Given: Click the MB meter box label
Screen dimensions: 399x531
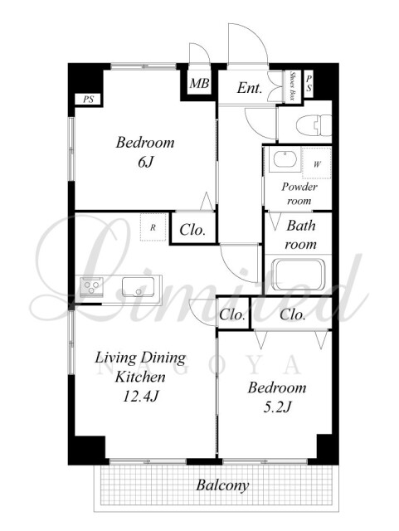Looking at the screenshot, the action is (199, 83).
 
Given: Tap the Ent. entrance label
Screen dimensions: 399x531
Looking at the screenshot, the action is (250, 88).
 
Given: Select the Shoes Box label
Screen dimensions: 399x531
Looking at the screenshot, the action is (291, 86).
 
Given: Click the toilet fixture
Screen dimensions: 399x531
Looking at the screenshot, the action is (314, 125).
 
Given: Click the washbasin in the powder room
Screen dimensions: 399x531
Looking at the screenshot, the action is (285, 159).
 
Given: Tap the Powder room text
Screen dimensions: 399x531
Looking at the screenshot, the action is (299, 193).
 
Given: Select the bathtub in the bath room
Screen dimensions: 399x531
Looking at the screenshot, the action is (299, 275).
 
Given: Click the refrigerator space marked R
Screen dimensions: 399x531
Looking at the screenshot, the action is (153, 227).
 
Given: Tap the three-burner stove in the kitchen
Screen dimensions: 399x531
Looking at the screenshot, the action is (91, 286).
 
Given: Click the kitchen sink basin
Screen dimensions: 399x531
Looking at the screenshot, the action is (138, 287).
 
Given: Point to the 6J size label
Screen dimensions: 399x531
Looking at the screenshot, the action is (146, 163).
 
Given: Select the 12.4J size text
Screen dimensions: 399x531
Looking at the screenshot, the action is (140, 396).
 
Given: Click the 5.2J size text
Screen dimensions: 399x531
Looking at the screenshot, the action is (277, 407).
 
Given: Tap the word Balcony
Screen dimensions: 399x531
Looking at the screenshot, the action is (222, 485).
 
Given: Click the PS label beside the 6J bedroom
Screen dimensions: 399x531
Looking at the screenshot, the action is (89, 100).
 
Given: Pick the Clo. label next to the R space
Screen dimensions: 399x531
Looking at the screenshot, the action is (192, 231).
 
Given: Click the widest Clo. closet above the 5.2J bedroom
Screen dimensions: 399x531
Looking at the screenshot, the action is (292, 315).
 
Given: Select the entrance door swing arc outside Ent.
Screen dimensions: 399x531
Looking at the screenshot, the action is (254, 34).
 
